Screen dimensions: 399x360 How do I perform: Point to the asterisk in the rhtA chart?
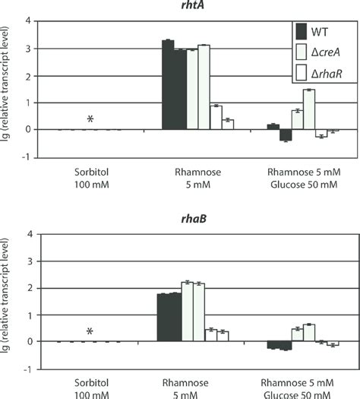pyautogui.click(x=90, y=119)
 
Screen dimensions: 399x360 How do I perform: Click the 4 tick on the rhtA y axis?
pyautogui.click(x=27, y=21)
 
